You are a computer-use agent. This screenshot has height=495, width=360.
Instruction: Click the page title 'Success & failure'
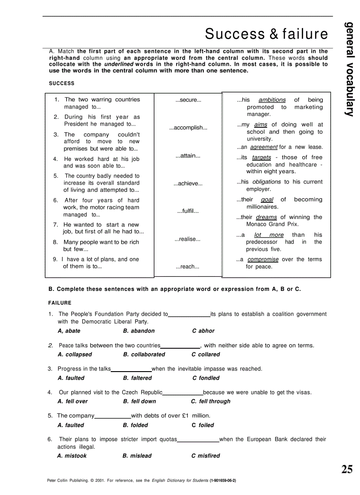tap(266, 34)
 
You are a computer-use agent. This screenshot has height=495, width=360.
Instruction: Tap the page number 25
tap(347, 469)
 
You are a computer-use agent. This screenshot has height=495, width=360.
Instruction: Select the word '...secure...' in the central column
tap(188, 100)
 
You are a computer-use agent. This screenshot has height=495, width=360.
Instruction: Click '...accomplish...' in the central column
tap(188, 128)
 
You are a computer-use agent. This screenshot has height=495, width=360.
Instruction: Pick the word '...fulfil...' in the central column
tap(188, 211)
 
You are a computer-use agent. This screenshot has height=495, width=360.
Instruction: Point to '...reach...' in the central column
tap(187, 267)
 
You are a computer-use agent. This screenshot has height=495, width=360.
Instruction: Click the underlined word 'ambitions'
tap(272, 100)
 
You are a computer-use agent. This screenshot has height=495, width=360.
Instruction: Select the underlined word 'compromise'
tap(263, 260)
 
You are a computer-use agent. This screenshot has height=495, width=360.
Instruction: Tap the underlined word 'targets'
tap(261, 157)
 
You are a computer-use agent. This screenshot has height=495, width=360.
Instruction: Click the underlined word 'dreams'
tap(266, 217)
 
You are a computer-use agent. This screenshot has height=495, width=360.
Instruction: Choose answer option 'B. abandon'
tap(139, 331)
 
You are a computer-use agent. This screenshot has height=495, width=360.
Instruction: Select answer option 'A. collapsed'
tap(75, 354)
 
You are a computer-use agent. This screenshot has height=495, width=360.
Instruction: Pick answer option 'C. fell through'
tap(210, 402)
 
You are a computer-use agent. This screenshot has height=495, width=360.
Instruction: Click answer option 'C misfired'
tap(206, 456)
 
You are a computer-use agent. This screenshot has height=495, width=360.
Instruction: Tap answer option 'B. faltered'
tap(137, 378)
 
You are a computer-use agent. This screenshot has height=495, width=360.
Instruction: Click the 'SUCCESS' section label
tap(62, 83)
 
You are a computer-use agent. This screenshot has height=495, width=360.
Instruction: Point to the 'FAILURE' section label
tap(60, 303)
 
